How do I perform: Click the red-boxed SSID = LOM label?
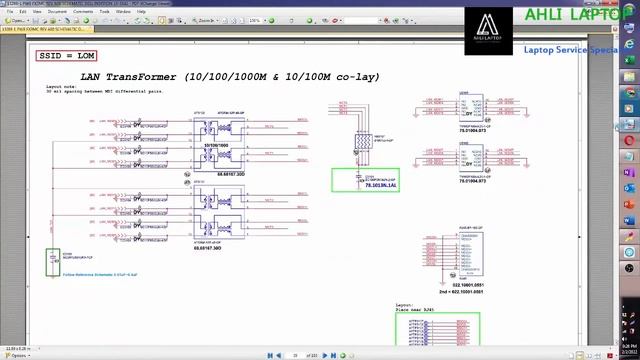coord(67,56)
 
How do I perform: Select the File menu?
coord(9,11)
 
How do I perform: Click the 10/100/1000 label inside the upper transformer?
coord(217,146)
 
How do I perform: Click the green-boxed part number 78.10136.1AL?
coord(381,186)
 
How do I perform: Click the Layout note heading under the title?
coord(60,86)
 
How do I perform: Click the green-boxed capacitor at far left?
coord(53,262)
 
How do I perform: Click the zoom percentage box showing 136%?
coord(255,20)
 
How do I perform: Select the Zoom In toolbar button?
coord(206,20)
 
